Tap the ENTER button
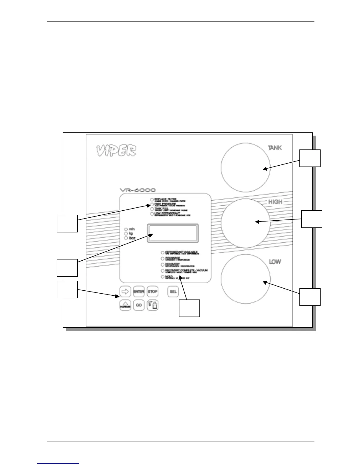point(139,292)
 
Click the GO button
point(139,305)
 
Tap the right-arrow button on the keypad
point(125,292)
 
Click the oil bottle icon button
point(152,305)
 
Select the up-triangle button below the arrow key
point(125,305)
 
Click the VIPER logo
point(116,151)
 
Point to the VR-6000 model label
point(138,190)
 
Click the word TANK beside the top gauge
point(275,148)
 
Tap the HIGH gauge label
point(275,202)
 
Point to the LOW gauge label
point(275,261)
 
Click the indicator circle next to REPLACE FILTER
point(152,199)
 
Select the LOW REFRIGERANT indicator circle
point(152,214)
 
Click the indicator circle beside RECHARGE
point(163,258)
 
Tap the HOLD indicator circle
point(163,277)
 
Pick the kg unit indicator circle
point(126,233)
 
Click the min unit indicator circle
point(126,229)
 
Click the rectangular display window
point(173,233)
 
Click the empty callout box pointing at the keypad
point(67,289)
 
